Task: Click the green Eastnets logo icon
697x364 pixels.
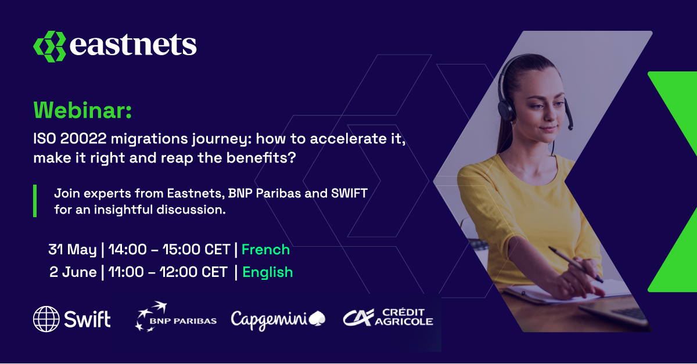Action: click(49, 46)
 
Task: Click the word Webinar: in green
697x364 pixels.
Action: click(82, 110)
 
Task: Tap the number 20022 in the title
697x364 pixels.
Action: click(84, 138)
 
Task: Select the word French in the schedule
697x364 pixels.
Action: click(265, 250)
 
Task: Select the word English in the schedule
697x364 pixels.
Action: click(268, 272)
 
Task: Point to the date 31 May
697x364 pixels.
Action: click(73, 250)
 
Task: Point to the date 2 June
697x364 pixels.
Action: click(73, 272)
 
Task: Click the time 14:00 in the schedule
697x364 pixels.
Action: click(128, 250)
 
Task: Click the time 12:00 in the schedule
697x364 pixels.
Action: click(179, 272)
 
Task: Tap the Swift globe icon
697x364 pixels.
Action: click(46, 319)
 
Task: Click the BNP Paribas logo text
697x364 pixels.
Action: click(184, 321)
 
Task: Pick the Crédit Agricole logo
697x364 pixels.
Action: click(388, 317)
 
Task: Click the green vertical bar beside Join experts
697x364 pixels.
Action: click(35, 201)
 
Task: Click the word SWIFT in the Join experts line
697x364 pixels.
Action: click(350, 193)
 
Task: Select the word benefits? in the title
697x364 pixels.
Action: click(261, 158)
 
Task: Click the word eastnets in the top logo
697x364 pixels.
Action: click(133, 45)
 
